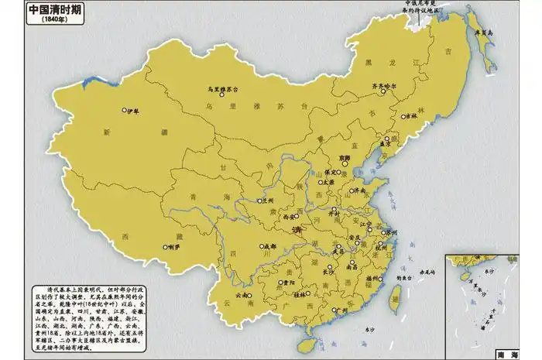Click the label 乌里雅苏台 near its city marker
228,89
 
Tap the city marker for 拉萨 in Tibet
165,248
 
